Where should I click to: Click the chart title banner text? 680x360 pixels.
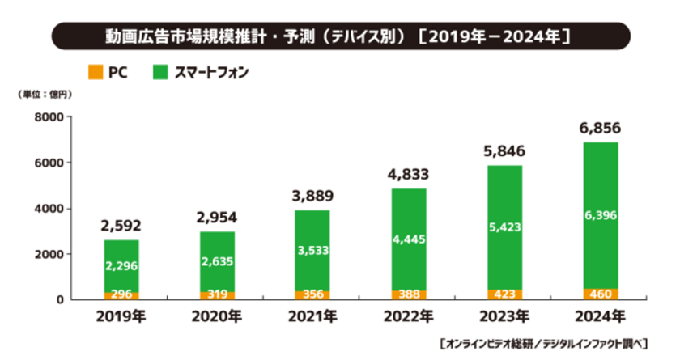[x=340, y=36]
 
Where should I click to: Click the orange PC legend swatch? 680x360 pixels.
[x=96, y=72]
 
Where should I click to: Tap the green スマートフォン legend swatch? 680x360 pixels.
[x=159, y=72]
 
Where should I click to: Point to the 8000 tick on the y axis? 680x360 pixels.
[x=49, y=117]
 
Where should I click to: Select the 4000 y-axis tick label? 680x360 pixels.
[x=49, y=209]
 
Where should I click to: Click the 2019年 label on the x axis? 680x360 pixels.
[x=121, y=316]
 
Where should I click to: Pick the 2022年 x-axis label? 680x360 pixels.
[x=409, y=316]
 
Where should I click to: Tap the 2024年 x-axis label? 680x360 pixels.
[x=600, y=316]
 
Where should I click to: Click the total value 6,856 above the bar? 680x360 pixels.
[x=600, y=128]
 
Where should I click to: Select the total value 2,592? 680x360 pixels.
[x=121, y=226]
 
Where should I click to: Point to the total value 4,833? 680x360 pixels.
[x=409, y=174]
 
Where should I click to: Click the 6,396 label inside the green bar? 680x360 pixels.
[x=600, y=215]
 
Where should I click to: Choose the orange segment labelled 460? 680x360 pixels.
[x=600, y=294]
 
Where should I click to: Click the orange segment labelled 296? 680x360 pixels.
[x=121, y=295]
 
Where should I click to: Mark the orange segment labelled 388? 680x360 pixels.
[x=409, y=294]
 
